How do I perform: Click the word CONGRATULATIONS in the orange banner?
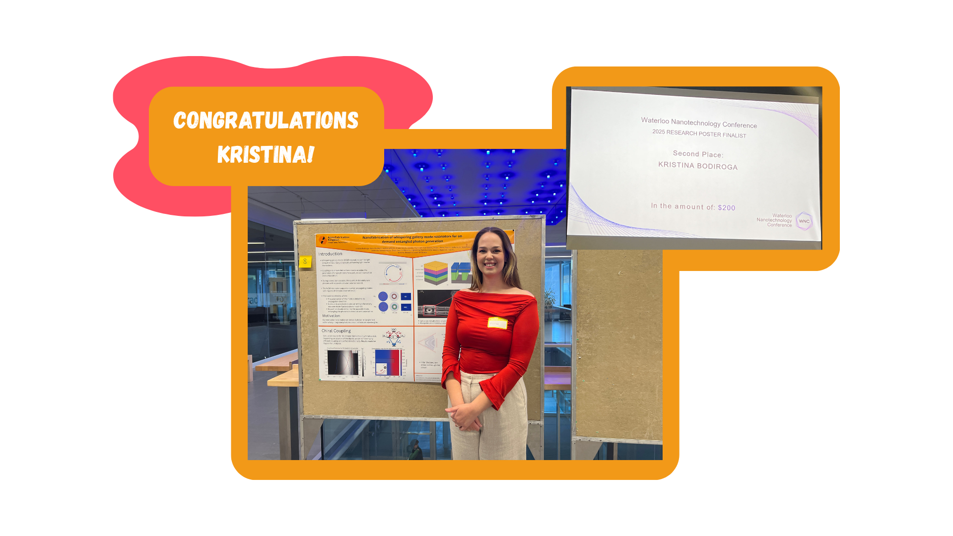(266, 121)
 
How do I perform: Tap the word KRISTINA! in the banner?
(266, 154)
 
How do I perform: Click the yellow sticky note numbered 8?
(305, 261)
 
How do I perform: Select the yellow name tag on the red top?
(497, 323)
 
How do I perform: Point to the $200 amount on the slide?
(726, 208)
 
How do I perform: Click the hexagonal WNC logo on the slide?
(804, 221)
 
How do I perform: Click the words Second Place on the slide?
(698, 154)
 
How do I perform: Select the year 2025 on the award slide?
(659, 132)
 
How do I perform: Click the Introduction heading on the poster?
(330, 254)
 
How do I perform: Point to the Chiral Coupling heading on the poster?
(336, 331)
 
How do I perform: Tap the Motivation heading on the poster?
(331, 316)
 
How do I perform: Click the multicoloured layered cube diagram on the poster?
(436, 272)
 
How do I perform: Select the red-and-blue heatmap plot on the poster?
(388, 363)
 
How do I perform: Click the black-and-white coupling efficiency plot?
(342, 363)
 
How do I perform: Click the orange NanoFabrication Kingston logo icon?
(323, 240)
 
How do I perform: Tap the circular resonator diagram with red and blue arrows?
(393, 273)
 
